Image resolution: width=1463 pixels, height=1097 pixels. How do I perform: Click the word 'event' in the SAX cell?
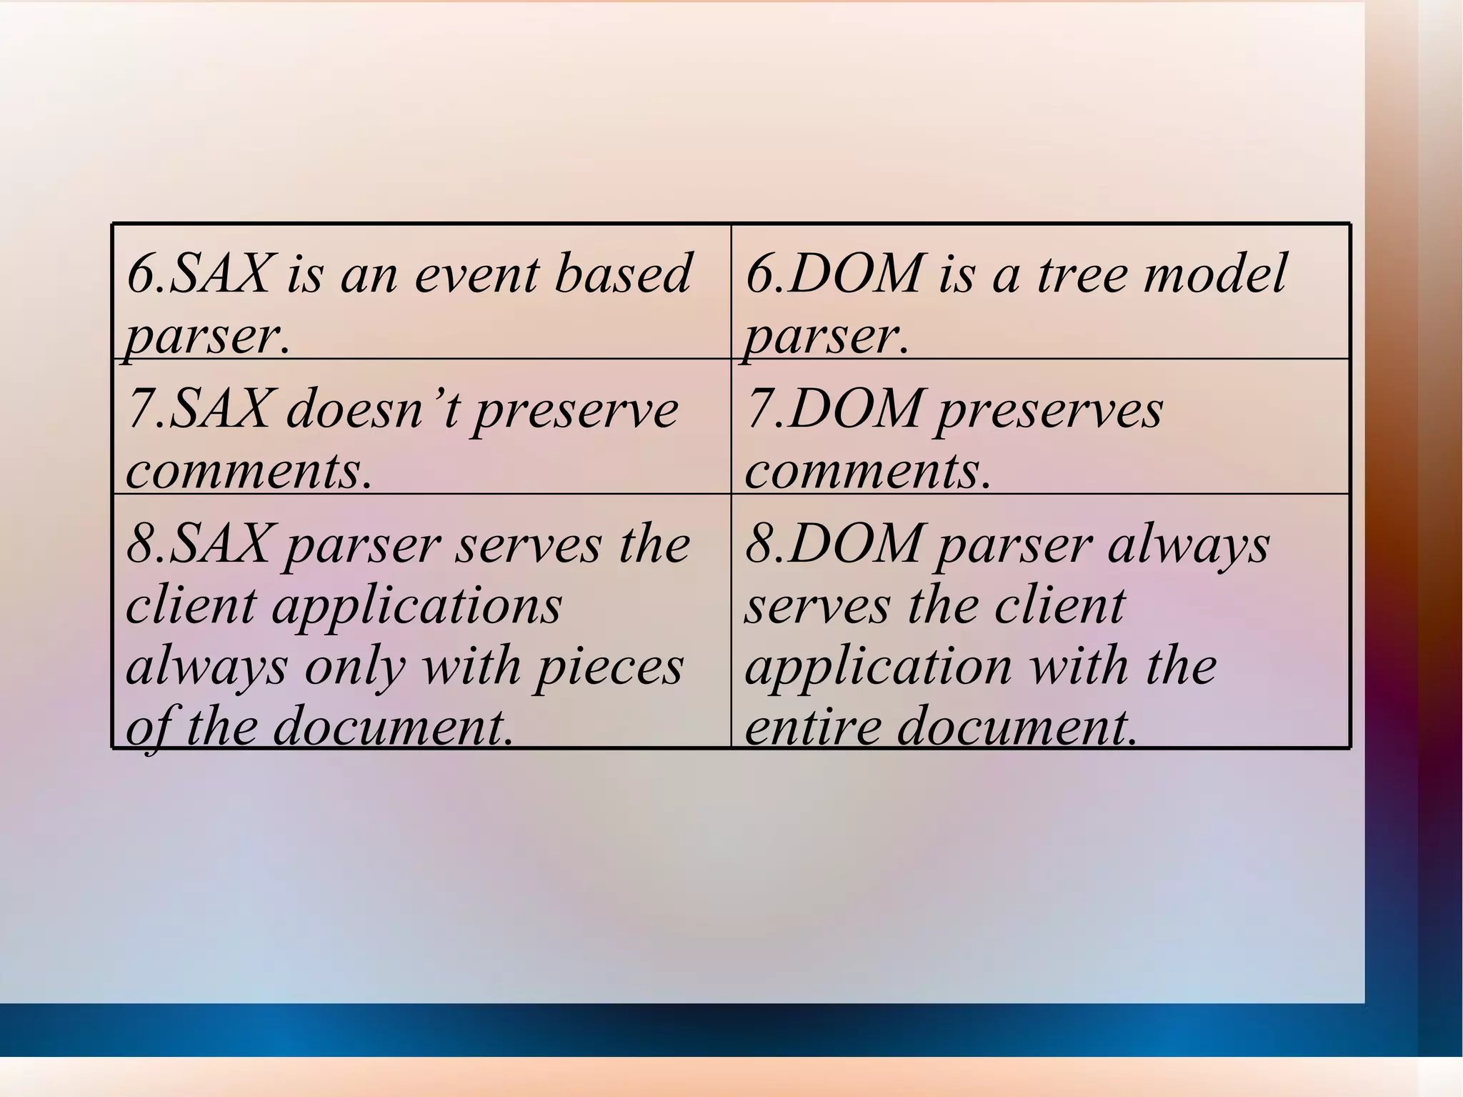coord(476,274)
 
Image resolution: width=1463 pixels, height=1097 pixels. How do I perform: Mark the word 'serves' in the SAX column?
coord(528,545)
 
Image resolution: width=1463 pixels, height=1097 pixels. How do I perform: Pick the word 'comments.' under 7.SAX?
coord(249,472)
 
